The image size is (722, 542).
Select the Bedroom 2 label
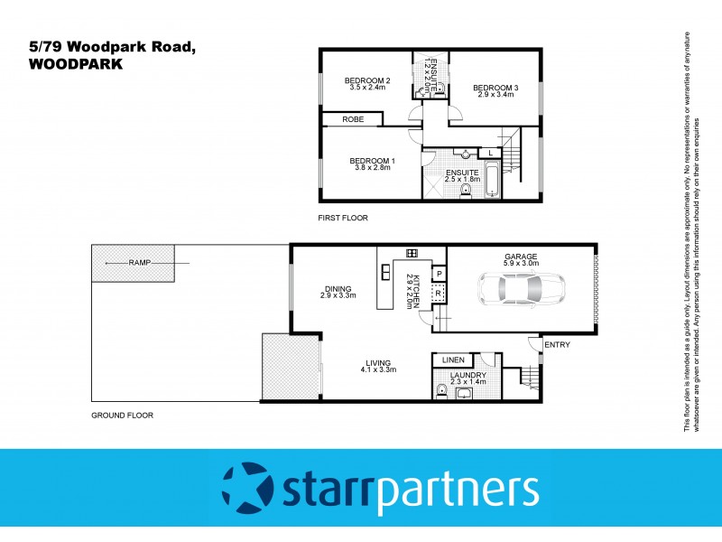[x=367, y=81]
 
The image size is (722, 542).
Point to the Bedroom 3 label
[x=496, y=88]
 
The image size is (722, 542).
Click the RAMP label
[x=139, y=262]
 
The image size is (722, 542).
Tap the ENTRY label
[x=559, y=344]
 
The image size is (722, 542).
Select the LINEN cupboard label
[x=453, y=360]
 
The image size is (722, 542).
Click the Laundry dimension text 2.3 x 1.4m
[x=468, y=383]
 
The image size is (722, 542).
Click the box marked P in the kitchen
[x=439, y=274]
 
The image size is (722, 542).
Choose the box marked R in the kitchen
[x=439, y=294]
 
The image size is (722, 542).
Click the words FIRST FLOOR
[x=342, y=219]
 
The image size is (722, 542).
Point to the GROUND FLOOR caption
[x=123, y=416]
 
